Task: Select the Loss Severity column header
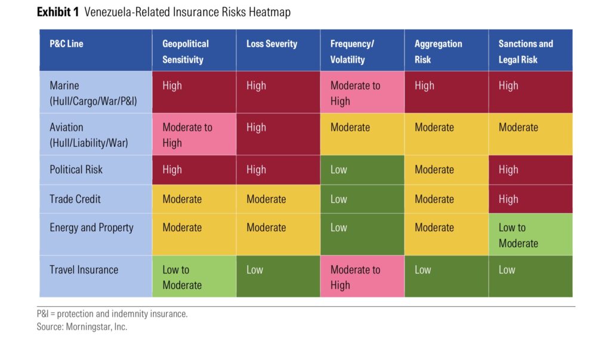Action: (272, 44)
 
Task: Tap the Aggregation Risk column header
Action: (439, 51)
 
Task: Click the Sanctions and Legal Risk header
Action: (526, 51)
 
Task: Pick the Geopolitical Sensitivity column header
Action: (186, 51)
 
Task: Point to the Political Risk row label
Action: (76, 170)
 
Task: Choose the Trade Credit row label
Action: (75, 199)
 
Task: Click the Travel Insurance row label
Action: (84, 269)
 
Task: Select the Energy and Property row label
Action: (91, 227)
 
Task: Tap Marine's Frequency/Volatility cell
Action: (362, 93)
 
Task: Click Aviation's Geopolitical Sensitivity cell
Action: (194, 134)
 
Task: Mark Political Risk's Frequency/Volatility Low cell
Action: (362, 170)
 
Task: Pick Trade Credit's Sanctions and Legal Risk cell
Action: (530, 199)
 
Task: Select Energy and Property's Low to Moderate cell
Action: (530, 235)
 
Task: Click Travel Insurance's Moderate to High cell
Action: (362, 276)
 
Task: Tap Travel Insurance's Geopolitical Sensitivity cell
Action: (194, 276)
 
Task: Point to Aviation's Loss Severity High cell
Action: (278, 134)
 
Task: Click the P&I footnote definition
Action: (112, 314)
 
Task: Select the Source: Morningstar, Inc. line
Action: (82, 327)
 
